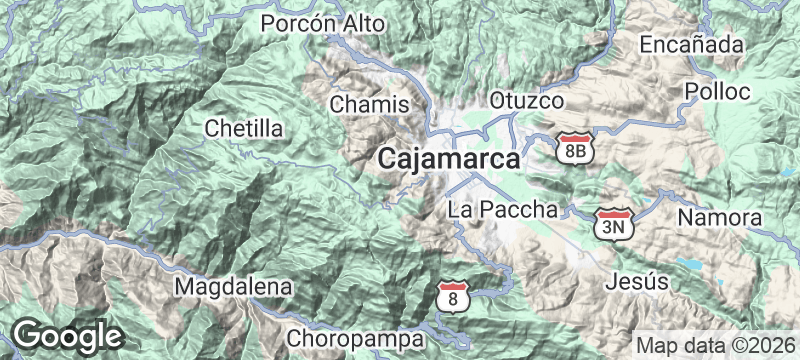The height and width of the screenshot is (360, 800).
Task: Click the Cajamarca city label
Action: pos(450,159)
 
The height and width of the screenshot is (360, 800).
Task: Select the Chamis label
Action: pos(369,104)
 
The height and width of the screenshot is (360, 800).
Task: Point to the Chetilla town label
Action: pos(243,128)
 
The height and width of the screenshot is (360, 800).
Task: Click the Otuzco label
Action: pos(527,101)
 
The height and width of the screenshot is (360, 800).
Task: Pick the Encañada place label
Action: pos(692,44)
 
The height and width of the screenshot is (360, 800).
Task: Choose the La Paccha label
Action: pos(502,210)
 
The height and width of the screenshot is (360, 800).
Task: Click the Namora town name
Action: pos(720,218)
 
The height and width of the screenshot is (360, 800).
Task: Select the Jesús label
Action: pos(637,282)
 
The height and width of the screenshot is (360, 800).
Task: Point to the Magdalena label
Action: pos(234,287)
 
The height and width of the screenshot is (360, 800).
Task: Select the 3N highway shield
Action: pos(614,224)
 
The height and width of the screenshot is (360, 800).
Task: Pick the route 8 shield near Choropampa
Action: pos(454,297)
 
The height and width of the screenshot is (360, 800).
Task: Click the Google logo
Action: pos(66,335)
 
